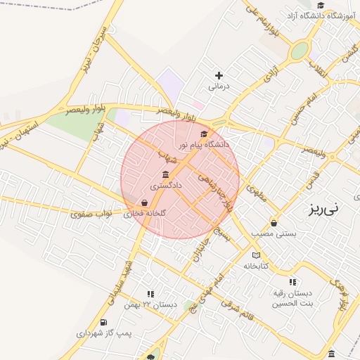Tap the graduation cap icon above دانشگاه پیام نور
point(205,134)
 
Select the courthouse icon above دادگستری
point(166,174)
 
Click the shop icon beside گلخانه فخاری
point(144,202)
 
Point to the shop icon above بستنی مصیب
point(274,223)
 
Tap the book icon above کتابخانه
point(256,255)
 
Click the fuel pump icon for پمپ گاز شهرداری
point(104,322)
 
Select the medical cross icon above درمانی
point(219,75)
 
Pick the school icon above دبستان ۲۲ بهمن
point(150,294)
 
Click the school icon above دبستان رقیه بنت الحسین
point(292,282)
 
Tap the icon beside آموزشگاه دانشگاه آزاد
point(320,6)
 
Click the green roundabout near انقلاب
point(300,51)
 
